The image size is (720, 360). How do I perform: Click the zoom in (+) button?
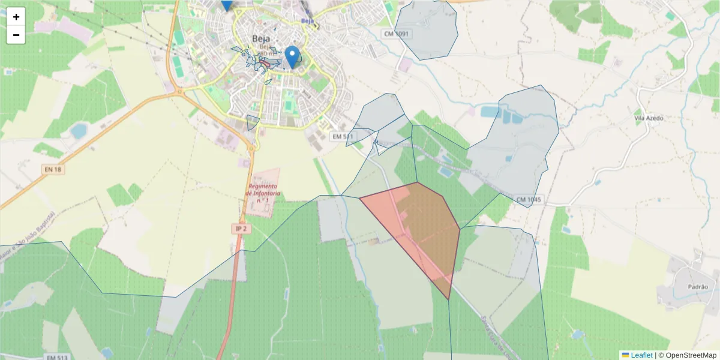pyautogui.click(x=16, y=17)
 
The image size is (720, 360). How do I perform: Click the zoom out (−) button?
pyautogui.click(x=16, y=35)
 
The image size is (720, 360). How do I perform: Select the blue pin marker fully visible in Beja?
pyautogui.click(x=292, y=56)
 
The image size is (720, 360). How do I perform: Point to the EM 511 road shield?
pyautogui.click(x=343, y=137)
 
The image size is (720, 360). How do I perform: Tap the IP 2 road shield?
pyautogui.click(x=241, y=229)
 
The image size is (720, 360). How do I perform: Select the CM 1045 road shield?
pyautogui.click(x=529, y=199)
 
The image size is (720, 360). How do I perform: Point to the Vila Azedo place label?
pyautogui.click(x=649, y=118)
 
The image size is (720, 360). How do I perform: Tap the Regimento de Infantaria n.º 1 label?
pyautogui.click(x=263, y=193)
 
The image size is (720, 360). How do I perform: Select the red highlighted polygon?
pyautogui.click(x=420, y=228)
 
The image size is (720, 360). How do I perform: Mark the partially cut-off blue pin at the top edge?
pyautogui.click(x=226, y=5)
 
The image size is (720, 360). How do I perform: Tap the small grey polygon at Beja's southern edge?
pyautogui.click(x=253, y=122)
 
